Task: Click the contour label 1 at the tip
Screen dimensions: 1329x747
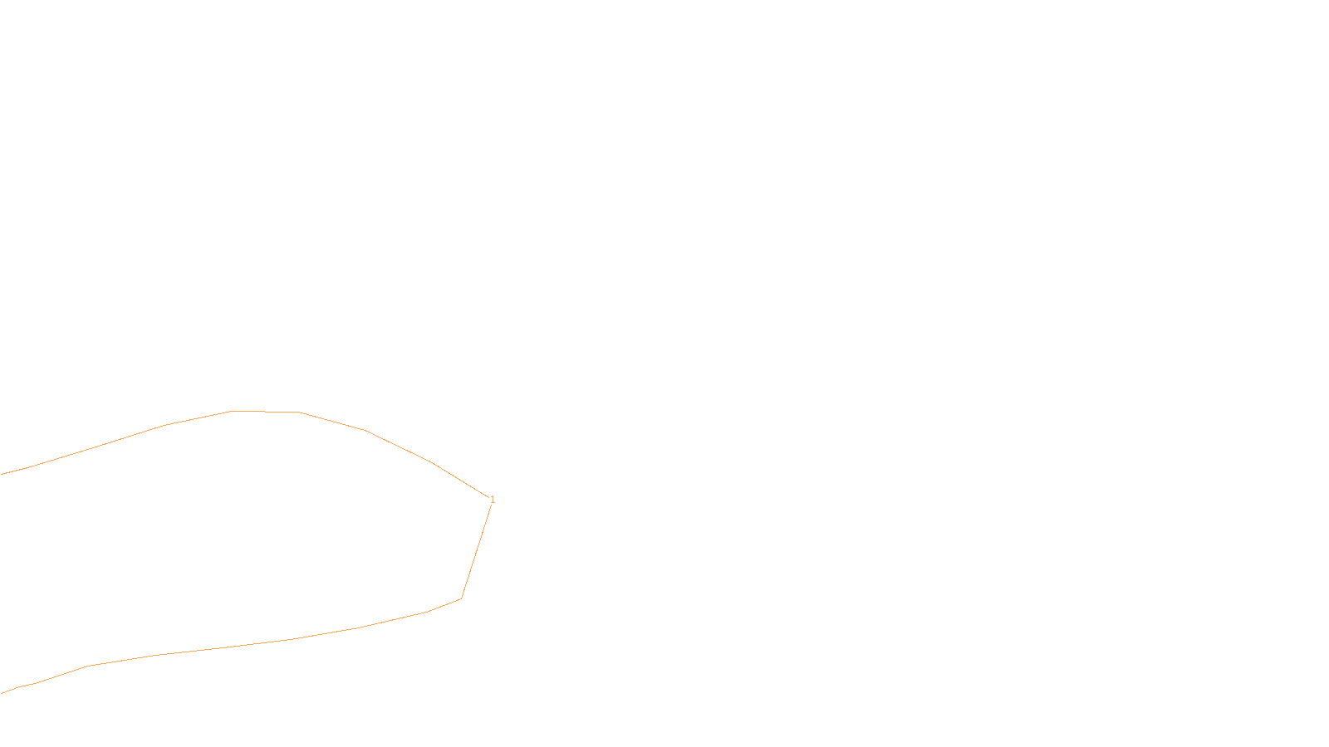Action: pos(493,499)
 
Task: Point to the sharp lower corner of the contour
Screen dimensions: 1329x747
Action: pos(461,598)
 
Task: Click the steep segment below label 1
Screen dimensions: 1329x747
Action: pos(477,549)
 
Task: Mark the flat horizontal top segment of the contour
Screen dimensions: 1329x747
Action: pos(264,411)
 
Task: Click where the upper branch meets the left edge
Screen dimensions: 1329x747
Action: pos(2,474)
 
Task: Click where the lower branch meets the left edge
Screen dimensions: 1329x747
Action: pos(2,693)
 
